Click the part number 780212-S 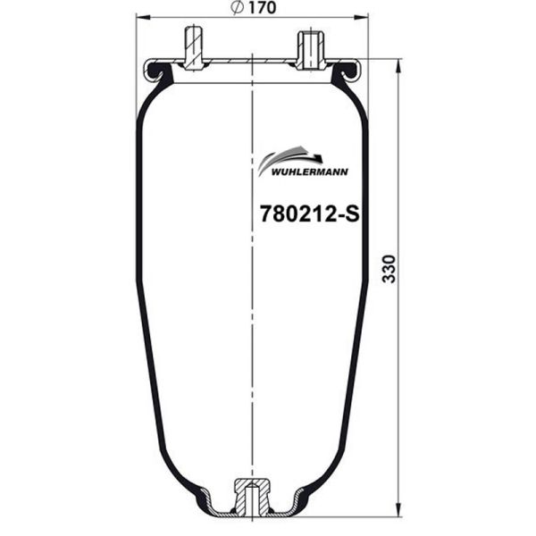[x=307, y=214]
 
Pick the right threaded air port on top [x=309, y=48]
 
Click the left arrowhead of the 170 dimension [x=140, y=17]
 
